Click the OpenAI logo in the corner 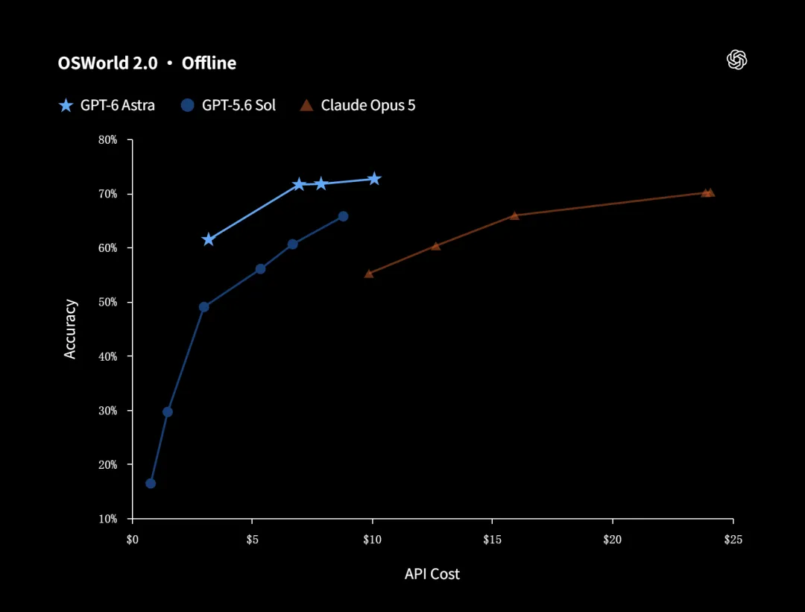pos(736,60)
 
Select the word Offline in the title pos(209,63)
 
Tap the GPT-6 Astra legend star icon pos(66,105)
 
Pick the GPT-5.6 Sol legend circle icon pos(188,105)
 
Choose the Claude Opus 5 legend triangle pos(306,105)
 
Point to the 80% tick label pos(108,139)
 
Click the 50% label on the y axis pos(108,303)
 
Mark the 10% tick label pos(108,519)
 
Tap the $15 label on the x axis pos(493,540)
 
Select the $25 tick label pos(733,540)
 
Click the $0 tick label pos(133,540)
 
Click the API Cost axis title pos(432,574)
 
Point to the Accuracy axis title pos(70,329)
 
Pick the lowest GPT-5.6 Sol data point pos(151,484)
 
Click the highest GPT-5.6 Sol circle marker pos(343,217)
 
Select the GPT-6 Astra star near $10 pos(374,179)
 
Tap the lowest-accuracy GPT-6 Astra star pos(208,239)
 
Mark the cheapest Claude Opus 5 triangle pos(369,274)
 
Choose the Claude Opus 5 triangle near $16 pos(514,215)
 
